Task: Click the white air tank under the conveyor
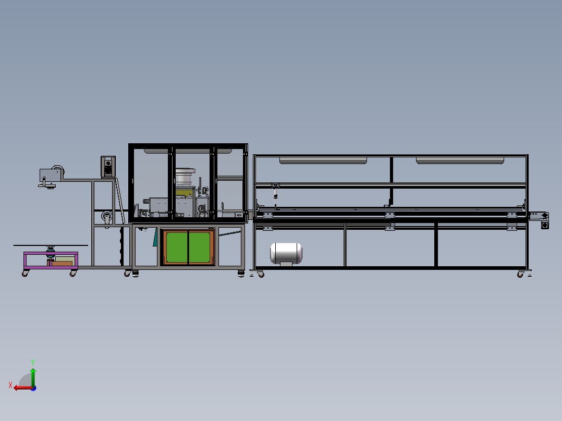coord(286,253)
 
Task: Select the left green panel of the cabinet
coord(176,247)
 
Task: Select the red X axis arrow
coord(21,387)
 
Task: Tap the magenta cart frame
coord(51,260)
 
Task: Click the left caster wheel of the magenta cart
coord(25,273)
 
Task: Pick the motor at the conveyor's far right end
coord(545,225)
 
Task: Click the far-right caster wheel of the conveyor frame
coord(520,274)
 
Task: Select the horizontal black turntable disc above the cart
coord(51,244)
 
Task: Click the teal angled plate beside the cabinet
coord(155,237)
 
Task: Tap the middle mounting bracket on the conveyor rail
coord(389,215)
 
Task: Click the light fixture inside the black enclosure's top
coord(188,151)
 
